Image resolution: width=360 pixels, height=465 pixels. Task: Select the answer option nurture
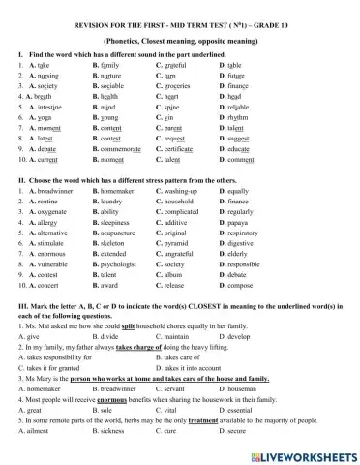point(118,75)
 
